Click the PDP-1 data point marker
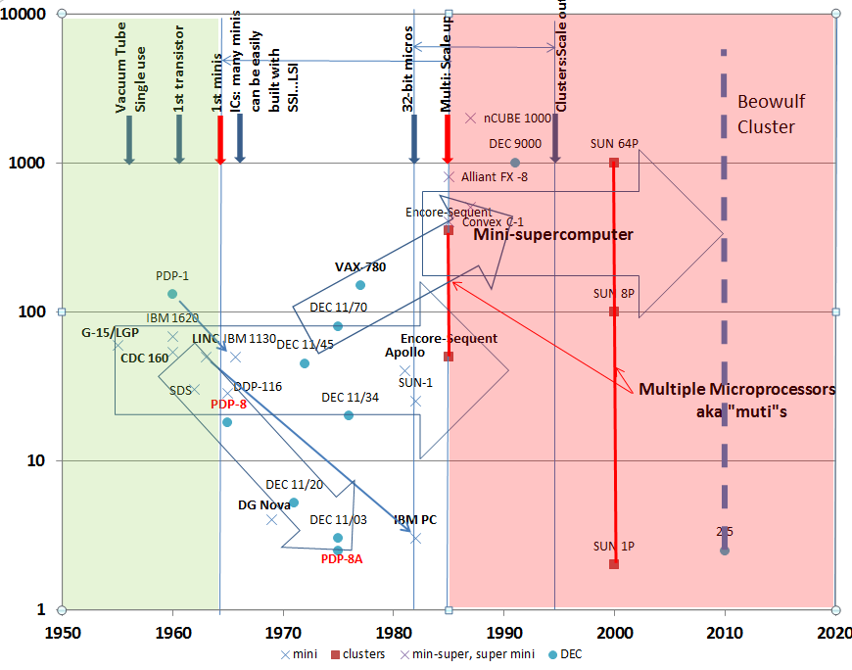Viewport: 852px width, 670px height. click(x=172, y=294)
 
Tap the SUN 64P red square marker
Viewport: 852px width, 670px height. click(x=614, y=163)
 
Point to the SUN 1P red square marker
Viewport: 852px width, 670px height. click(x=614, y=563)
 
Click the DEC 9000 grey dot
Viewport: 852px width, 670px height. click(x=515, y=163)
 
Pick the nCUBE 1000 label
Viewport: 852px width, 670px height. click(x=517, y=119)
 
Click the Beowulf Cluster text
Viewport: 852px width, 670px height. click(x=766, y=114)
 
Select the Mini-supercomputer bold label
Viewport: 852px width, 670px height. click(x=553, y=235)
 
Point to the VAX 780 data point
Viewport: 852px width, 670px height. click(x=360, y=285)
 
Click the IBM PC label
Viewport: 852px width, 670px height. click(x=415, y=520)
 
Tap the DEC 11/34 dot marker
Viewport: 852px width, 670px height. click(x=349, y=415)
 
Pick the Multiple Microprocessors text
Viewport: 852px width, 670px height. click(x=736, y=389)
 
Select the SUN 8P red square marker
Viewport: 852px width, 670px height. click(x=614, y=311)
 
